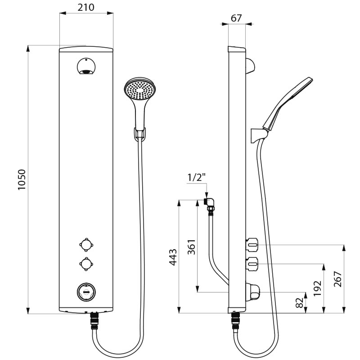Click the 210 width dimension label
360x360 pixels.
(86, 7)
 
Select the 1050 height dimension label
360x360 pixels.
(22, 180)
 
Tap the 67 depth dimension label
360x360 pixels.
(236, 18)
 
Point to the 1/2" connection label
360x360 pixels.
(196, 177)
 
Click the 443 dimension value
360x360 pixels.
(173, 257)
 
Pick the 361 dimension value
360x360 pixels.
(192, 247)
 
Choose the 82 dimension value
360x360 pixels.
(299, 302)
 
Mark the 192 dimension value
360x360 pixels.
(318, 288)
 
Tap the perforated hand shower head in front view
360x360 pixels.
(140, 89)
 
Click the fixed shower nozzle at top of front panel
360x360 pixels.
(86, 66)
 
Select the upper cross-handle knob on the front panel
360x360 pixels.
(86, 245)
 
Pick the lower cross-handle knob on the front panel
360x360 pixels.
(86, 264)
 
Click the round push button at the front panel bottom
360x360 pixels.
(86, 292)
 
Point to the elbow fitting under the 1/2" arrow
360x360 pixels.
(210, 203)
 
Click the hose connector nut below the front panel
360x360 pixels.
(94, 321)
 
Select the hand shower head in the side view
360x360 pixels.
(288, 103)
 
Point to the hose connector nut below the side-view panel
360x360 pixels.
(235, 321)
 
